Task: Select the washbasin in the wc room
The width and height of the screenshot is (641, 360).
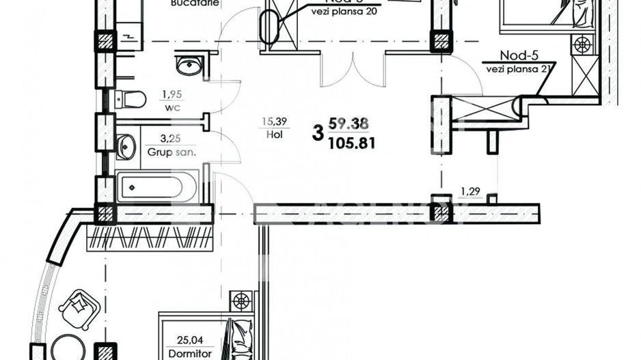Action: tap(188, 66)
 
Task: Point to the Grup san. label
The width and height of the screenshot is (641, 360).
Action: tap(172, 152)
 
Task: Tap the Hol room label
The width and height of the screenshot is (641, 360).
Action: tap(275, 135)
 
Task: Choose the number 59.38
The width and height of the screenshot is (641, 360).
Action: tap(349, 124)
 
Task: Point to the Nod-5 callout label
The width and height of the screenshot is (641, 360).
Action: tap(516, 55)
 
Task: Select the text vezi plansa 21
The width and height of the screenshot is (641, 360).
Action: tap(517, 68)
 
